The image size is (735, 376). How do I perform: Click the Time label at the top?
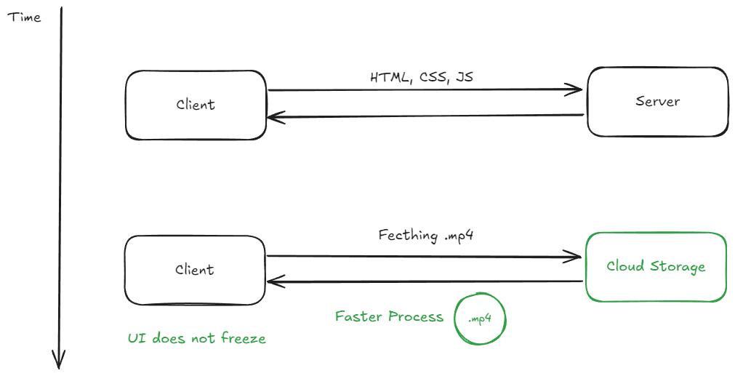(24, 17)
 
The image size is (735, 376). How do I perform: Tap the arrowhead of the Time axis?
(60, 361)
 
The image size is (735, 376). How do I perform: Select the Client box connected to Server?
(196, 105)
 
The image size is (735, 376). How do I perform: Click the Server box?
(657, 101)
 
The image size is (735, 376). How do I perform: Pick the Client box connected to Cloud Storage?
(195, 270)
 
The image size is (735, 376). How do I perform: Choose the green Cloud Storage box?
(656, 266)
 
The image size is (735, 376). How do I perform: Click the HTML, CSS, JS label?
(422, 77)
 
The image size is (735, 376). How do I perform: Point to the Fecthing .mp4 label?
(426, 236)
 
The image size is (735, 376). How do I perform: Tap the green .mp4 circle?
(479, 319)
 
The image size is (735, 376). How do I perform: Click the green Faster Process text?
(389, 317)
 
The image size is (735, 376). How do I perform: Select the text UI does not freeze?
(196, 338)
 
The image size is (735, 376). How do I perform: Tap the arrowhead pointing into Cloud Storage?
(577, 256)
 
